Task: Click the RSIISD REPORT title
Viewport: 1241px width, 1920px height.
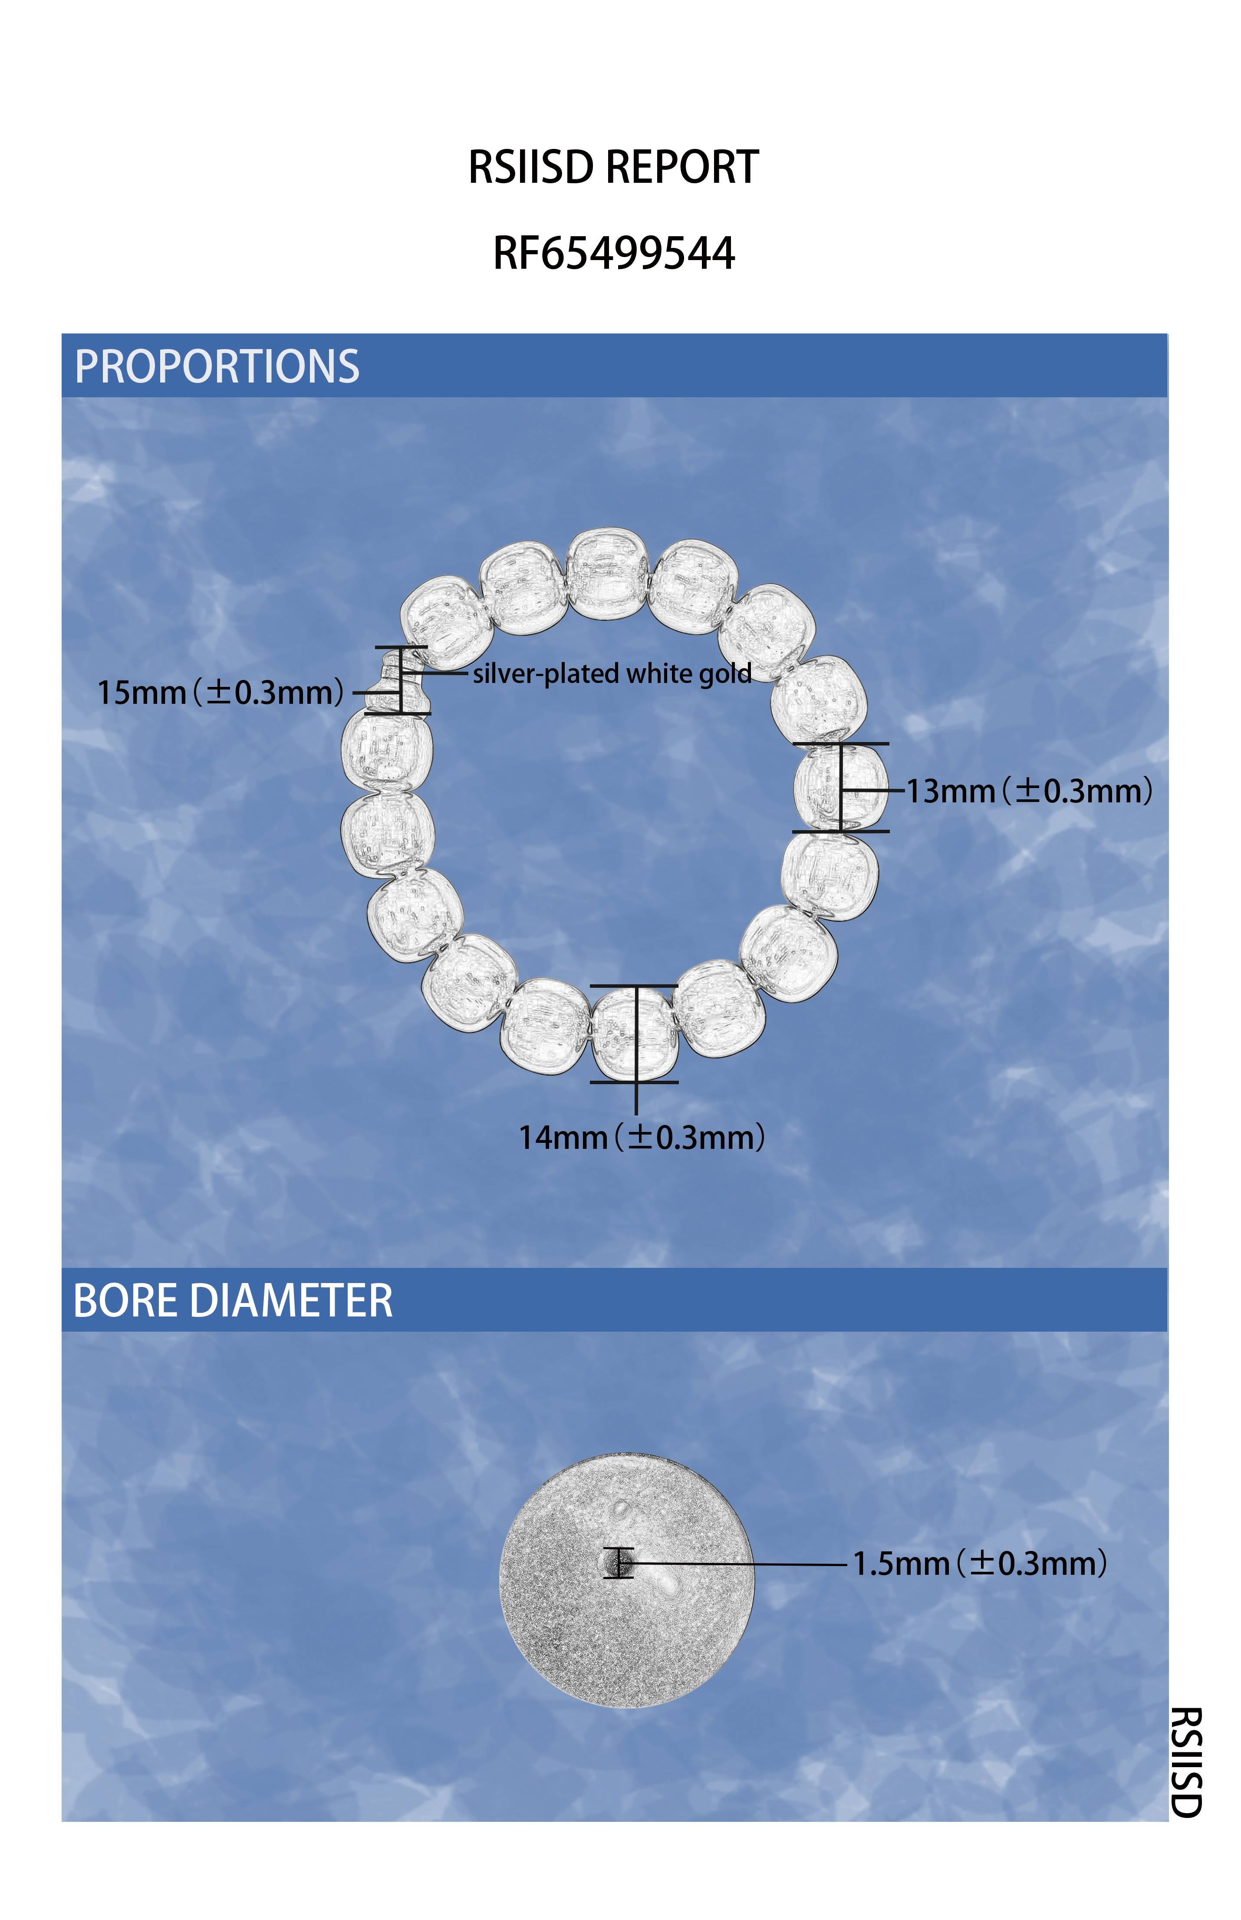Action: click(x=613, y=168)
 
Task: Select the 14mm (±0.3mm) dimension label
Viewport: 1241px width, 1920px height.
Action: click(x=642, y=1137)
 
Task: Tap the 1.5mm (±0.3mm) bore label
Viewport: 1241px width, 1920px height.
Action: click(x=980, y=1563)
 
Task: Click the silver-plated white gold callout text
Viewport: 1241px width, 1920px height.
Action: click(x=612, y=673)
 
